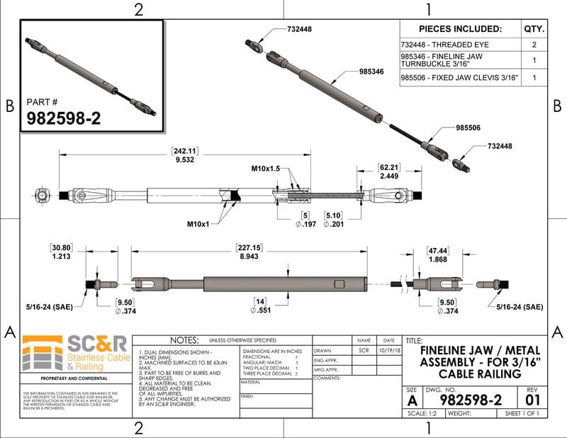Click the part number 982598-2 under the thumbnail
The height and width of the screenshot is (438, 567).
pyautogui.click(x=64, y=118)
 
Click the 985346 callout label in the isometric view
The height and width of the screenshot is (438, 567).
pyautogui.click(x=371, y=72)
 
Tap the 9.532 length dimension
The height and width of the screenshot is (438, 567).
pyautogui.click(x=185, y=161)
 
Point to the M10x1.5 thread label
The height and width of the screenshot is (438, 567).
pyautogui.click(x=266, y=169)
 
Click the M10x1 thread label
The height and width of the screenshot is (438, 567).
pyautogui.click(x=201, y=225)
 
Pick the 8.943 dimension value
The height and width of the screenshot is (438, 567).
pyautogui.click(x=249, y=257)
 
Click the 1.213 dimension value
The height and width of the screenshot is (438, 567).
pyautogui.click(x=60, y=259)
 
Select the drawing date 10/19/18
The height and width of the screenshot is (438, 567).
pyautogui.click(x=388, y=350)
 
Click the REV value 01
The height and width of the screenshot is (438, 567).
pyautogui.click(x=532, y=400)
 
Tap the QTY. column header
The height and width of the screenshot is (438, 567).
pyautogui.click(x=534, y=29)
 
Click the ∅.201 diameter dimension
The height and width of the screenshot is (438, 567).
pyautogui.click(x=333, y=225)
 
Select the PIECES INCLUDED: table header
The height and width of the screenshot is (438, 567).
pyautogui.click(x=460, y=29)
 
